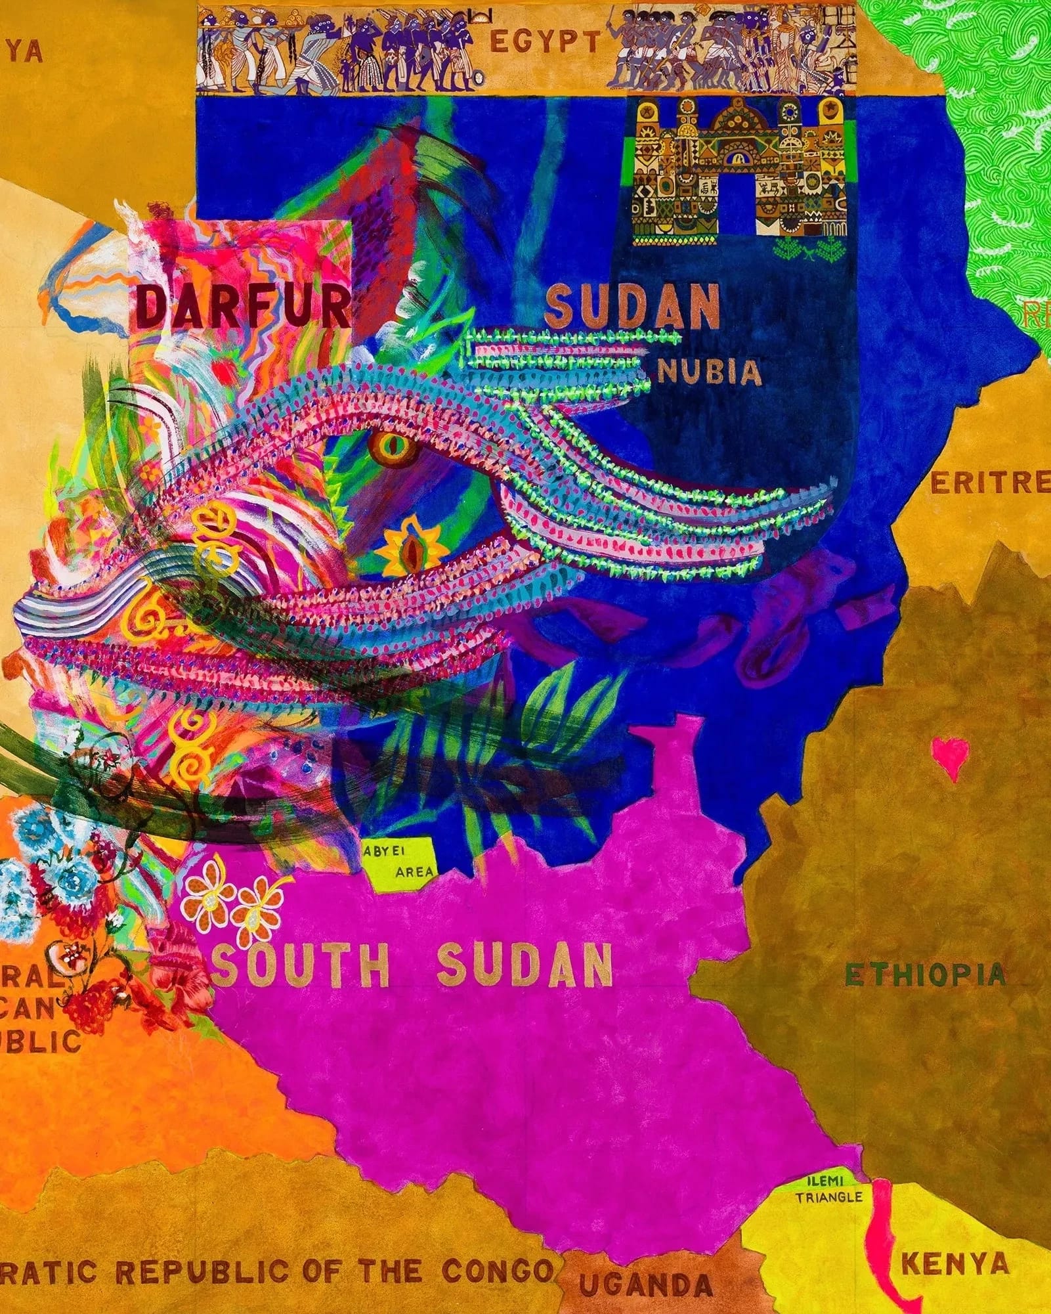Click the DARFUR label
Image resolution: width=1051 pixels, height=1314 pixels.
coord(243,307)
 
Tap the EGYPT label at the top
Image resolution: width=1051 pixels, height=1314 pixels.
coord(545,43)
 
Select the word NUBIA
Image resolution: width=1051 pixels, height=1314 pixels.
coord(709,373)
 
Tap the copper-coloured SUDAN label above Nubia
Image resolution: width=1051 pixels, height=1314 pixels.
coord(632,307)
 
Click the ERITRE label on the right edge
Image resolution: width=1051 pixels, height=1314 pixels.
coord(990,484)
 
